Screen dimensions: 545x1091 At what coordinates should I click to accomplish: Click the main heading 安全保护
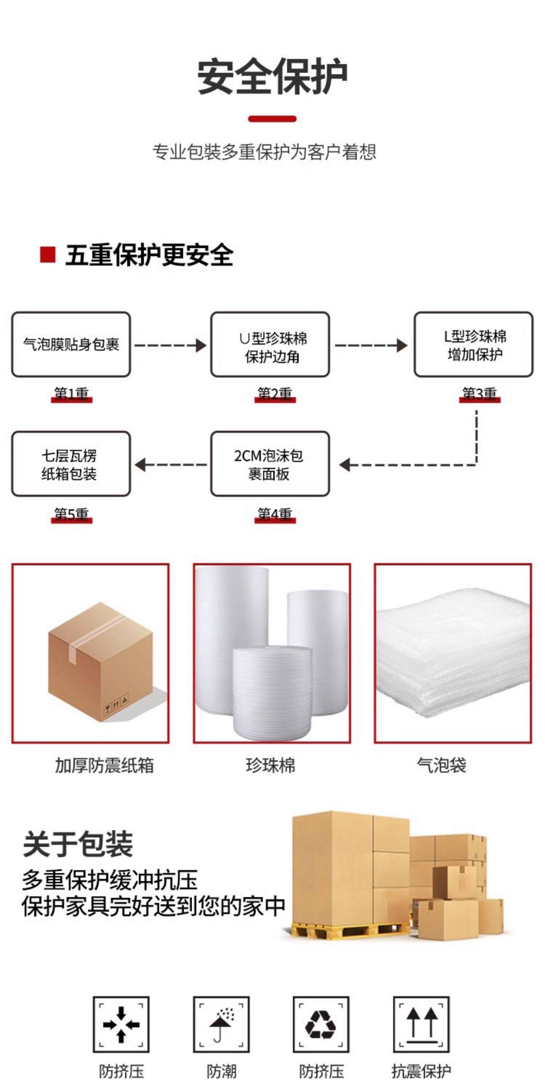[272, 77]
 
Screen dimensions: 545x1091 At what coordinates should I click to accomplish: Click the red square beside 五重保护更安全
[47, 255]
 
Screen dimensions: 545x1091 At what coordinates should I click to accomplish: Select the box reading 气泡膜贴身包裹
[71, 344]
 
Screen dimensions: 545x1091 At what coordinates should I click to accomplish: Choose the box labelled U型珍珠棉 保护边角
[270, 344]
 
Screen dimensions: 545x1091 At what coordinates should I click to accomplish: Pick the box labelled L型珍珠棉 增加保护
[473, 344]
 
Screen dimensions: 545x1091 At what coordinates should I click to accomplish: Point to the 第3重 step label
[479, 394]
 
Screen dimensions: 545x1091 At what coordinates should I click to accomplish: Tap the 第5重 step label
[71, 514]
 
